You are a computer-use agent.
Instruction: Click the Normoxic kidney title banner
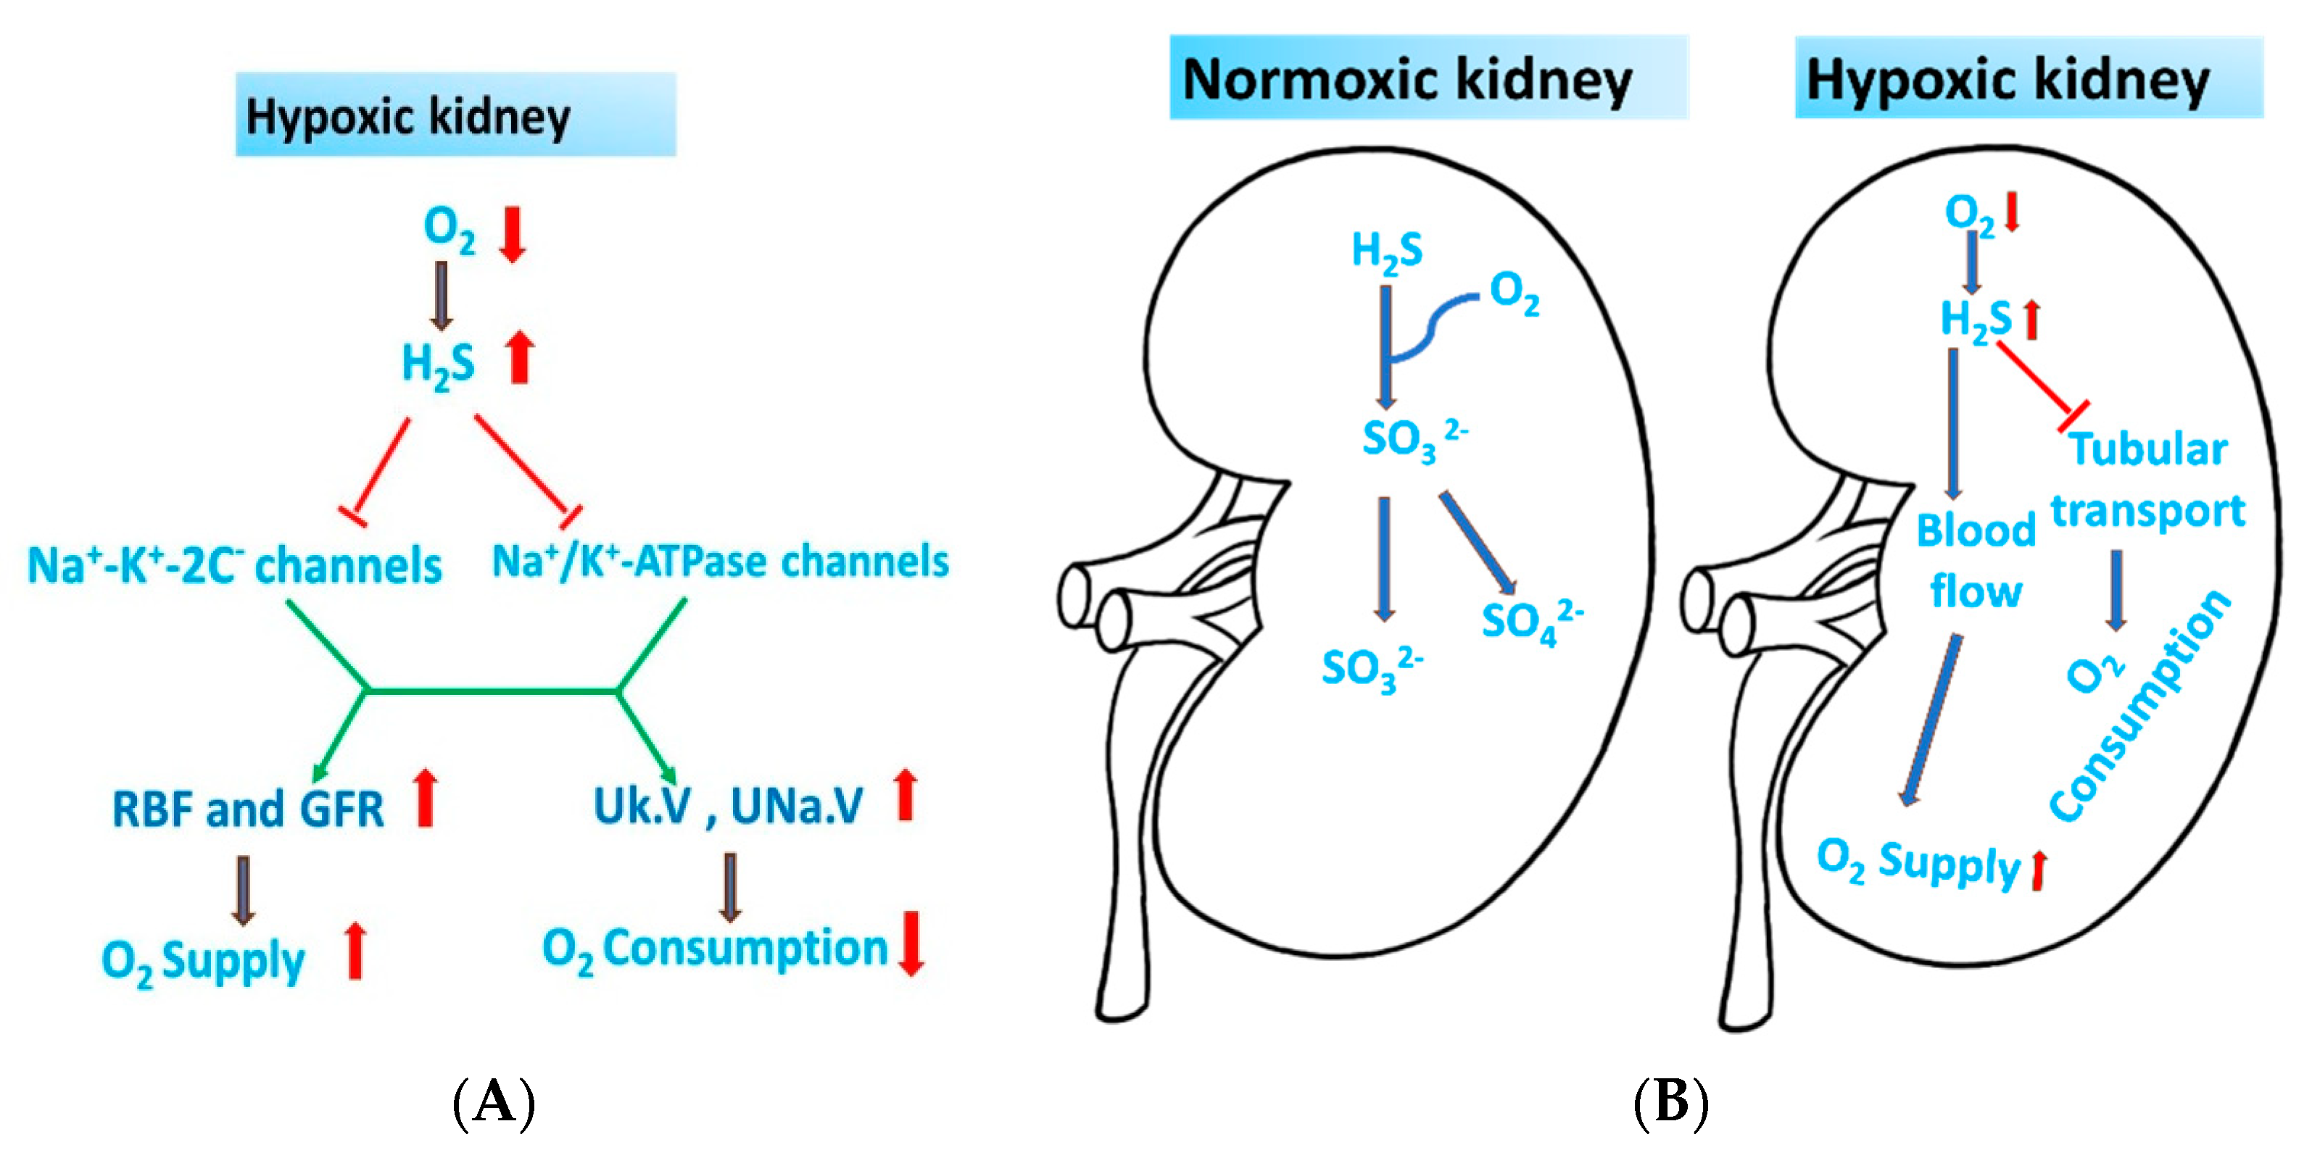click(1428, 78)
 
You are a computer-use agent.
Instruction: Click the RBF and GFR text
click(248, 808)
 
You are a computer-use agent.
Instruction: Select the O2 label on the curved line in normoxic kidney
click(1515, 293)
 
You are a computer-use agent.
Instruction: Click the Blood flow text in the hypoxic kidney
click(1975, 560)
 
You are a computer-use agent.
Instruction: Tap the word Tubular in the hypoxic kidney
click(2147, 449)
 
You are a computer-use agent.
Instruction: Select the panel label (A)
click(494, 1103)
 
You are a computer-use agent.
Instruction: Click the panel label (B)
click(1670, 1103)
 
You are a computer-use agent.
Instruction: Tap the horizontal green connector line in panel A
click(491, 690)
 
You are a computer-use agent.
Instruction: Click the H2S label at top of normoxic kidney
click(1386, 251)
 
